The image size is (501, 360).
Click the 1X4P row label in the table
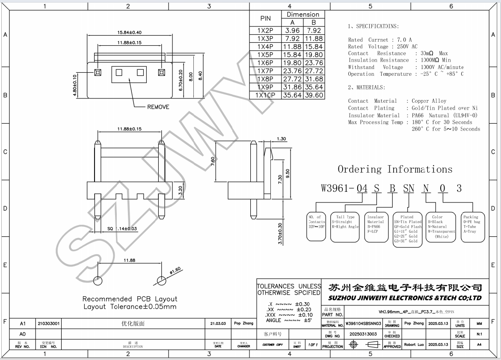tap(265, 47)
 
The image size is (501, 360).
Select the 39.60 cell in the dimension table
tap(314, 95)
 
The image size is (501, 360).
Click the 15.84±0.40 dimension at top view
tap(129, 33)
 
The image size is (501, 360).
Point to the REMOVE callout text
tap(158, 107)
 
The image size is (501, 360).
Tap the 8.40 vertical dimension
tap(200, 76)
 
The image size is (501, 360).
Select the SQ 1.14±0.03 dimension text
tap(116, 229)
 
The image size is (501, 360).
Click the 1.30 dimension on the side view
tap(282, 139)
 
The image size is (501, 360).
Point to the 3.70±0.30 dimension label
tap(280, 234)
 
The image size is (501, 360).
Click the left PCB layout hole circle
tap(98, 281)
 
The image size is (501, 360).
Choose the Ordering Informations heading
tap(394, 170)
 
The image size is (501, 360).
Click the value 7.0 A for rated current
tap(404, 40)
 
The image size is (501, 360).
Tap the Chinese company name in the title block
tap(405, 287)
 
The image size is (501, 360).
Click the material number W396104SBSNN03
tap(363, 324)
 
